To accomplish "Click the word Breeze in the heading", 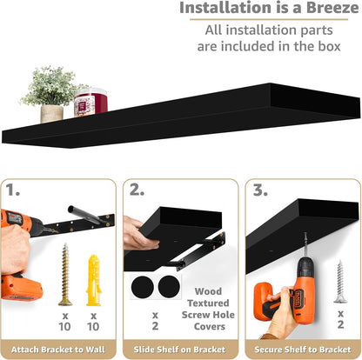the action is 332,8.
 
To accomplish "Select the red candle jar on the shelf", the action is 90,102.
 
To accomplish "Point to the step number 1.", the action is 12,190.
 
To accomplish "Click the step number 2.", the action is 137,190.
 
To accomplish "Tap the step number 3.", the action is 260,190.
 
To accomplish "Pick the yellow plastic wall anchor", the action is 93,280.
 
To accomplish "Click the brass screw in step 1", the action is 65,274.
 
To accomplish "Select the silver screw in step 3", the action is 340,282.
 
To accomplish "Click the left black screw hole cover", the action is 142,287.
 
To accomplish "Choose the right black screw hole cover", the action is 169,286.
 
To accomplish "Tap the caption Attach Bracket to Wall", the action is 58,350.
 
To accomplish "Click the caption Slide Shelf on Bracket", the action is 179,350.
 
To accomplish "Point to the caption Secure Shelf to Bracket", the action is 303,350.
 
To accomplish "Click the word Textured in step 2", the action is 208,303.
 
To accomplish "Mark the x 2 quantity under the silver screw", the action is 341,319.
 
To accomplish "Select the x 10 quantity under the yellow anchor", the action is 93,322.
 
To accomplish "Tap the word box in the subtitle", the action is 329,46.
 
